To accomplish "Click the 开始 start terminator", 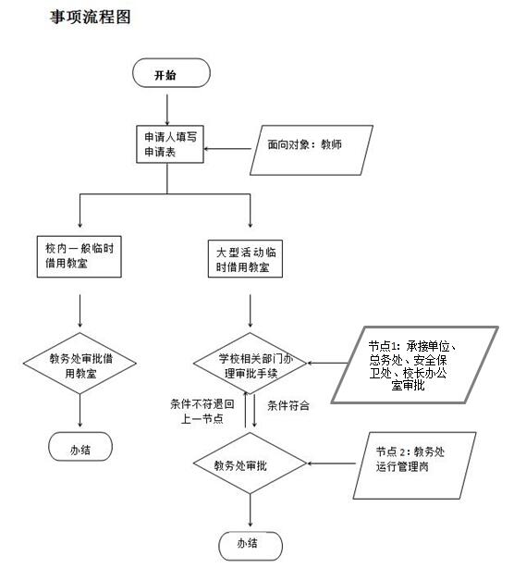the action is [171, 73].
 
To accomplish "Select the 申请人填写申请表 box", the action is [170, 144].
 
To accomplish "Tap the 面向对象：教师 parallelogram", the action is [312, 150].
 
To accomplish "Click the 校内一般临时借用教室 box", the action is [79, 256].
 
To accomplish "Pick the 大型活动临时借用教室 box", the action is [245, 259].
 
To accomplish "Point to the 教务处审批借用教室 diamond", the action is [80, 363].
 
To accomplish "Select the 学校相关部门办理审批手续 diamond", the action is [250, 363].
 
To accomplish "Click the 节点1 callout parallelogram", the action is [414, 365].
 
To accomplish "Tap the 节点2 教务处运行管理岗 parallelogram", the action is [414, 465].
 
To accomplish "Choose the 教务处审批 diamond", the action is [250, 464].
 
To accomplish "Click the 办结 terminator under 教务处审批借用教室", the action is [80, 447].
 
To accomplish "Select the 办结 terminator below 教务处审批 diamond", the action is [251, 546].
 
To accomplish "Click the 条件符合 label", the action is [288, 405].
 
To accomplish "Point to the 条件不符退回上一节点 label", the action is [202, 412].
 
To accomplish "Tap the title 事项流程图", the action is [91, 17].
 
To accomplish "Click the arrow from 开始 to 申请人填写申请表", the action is [167, 110].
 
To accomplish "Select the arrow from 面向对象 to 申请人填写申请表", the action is [227, 149].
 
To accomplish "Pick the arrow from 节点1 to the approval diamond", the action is [327, 363].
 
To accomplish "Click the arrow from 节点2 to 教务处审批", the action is [331, 464].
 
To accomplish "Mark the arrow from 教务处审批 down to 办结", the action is [251, 511].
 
